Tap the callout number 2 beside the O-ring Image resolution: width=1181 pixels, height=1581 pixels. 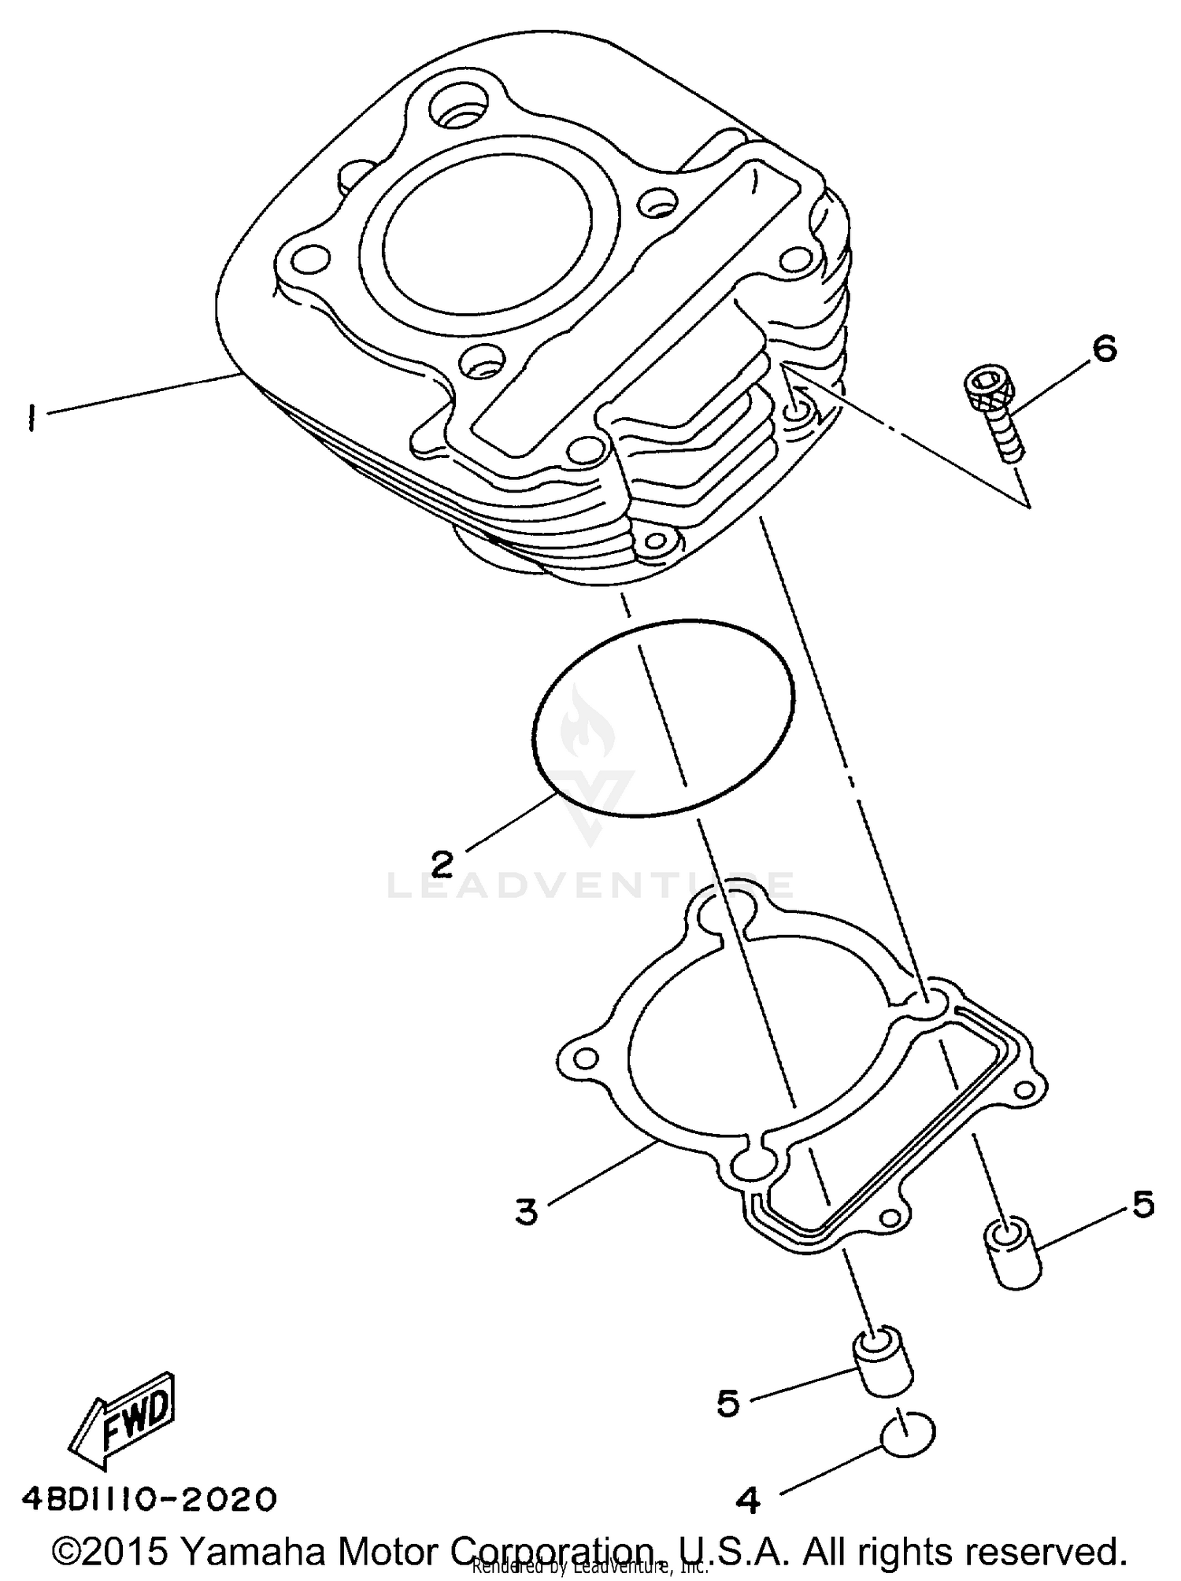pyautogui.click(x=442, y=863)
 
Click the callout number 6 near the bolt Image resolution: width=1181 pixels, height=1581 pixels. pyautogui.click(x=1105, y=347)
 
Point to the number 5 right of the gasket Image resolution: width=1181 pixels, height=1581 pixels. pyautogui.click(x=1142, y=1204)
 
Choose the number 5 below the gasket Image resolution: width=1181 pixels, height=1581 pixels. pyautogui.click(x=728, y=1402)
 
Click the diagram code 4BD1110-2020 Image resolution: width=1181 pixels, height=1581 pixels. pyautogui.click(x=150, y=1499)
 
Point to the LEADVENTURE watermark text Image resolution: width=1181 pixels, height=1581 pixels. pyautogui.click(x=590, y=885)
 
